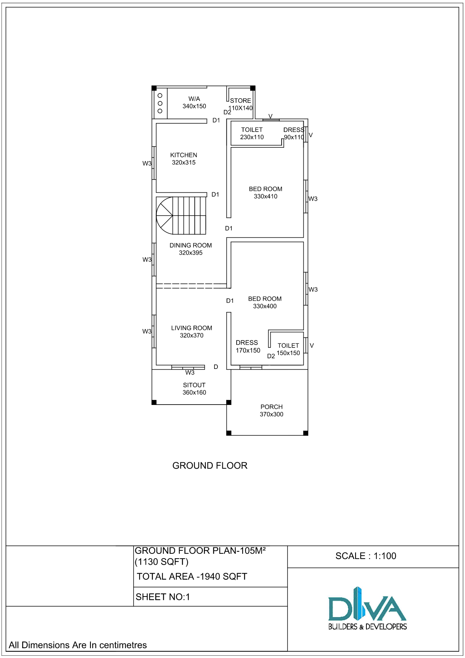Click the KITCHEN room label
tap(183, 155)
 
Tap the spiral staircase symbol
tap(181, 216)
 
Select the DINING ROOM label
tap(190, 245)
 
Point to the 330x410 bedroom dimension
tap(265, 196)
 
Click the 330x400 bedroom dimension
tap(265, 306)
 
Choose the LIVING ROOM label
tap(192, 328)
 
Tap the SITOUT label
tap(194, 385)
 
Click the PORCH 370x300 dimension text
tap(271, 414)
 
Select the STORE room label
tap(240, 100)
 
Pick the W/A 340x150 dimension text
tap(194, 106)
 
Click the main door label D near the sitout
tap(216, 367)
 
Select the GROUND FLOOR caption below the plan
tap(210, 466)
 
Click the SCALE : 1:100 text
tap(366, 556)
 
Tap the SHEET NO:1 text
tap(163, 597)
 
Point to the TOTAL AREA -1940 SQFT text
tap(192, 577)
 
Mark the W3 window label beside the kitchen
tap(147, 163)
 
